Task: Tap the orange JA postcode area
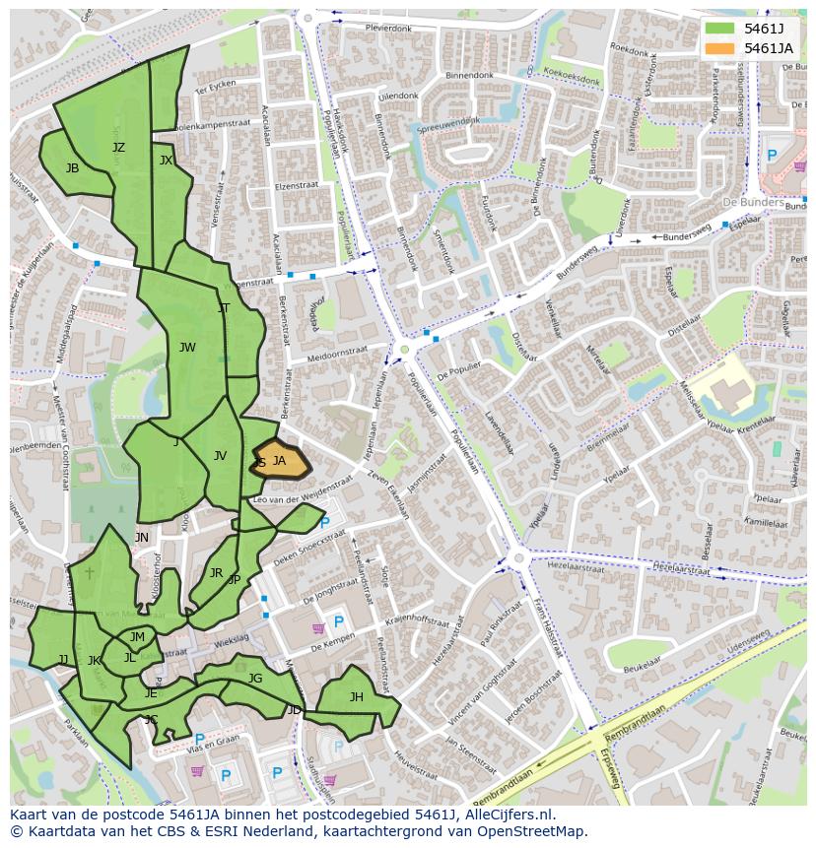(281, 461)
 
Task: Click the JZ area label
(118, 148)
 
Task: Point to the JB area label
(72, 168)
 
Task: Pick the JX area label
(166, 161)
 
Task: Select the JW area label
(187, 347)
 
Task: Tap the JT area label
(224, 308)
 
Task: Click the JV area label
(220, 456)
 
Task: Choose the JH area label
(356, 697)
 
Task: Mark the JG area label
(255, 678)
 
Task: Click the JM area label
(137, 637)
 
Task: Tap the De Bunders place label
(753, 203)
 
